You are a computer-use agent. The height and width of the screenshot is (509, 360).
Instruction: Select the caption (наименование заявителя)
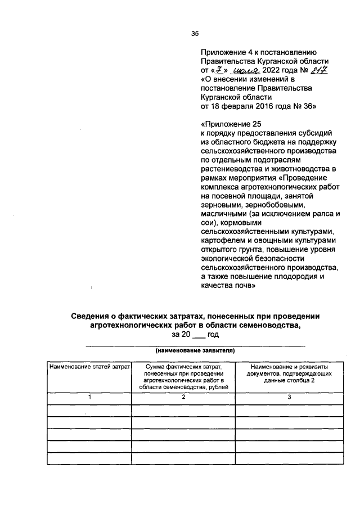click(x=195, y=350)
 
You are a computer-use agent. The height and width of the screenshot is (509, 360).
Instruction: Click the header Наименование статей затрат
click(x=89, y=367)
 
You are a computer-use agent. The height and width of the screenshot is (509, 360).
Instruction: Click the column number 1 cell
click(x=89, y=397)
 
